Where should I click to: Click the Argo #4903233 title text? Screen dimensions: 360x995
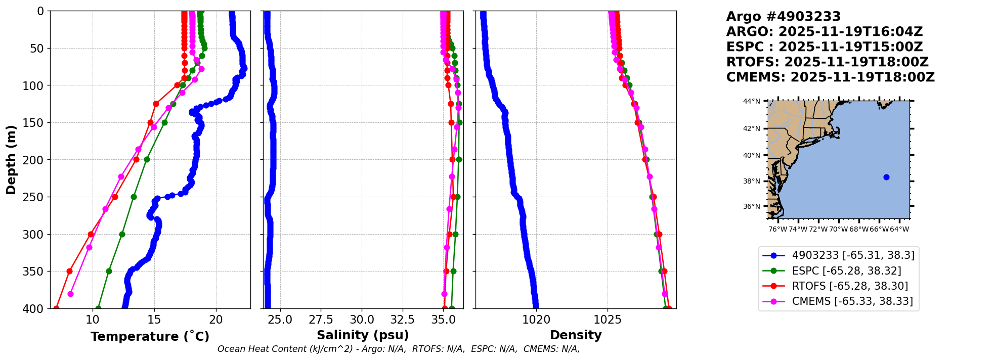(x=783, y=17)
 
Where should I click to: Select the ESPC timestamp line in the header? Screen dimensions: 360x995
(x=825, y=47)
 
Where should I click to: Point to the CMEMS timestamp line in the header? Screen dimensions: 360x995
(x=830, y=77)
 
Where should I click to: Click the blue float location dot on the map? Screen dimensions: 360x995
(x=886, y=177)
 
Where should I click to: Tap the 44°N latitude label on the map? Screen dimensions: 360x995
(x=751, y=101)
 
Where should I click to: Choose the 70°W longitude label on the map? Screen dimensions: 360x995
(x=838, y=229)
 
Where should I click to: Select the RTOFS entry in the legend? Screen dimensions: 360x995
(x=850, y=286)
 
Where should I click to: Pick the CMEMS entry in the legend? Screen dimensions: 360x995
(x=852, y=301)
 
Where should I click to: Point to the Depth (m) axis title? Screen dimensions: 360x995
(x=11, y=160)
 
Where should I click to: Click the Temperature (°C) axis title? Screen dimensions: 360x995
(x=150, y=337)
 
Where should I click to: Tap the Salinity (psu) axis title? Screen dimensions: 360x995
(x=363, y=335)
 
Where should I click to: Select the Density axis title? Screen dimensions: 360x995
(x=576, y=335)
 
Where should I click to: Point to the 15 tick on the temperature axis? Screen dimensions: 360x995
(x=154, y=320)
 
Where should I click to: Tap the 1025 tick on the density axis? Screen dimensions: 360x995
(x=608, y=320)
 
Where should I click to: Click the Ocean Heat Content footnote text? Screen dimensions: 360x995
(x=399, y=349)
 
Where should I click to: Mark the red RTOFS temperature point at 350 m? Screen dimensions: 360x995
(x=70, y=271)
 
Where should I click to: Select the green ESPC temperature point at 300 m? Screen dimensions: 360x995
(x=122, y=234)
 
